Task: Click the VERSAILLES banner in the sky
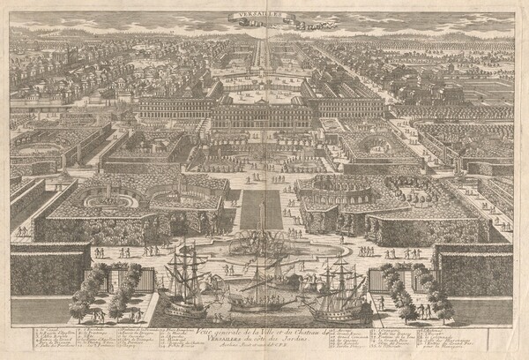264,14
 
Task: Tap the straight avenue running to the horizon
264,53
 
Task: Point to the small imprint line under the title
264,347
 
